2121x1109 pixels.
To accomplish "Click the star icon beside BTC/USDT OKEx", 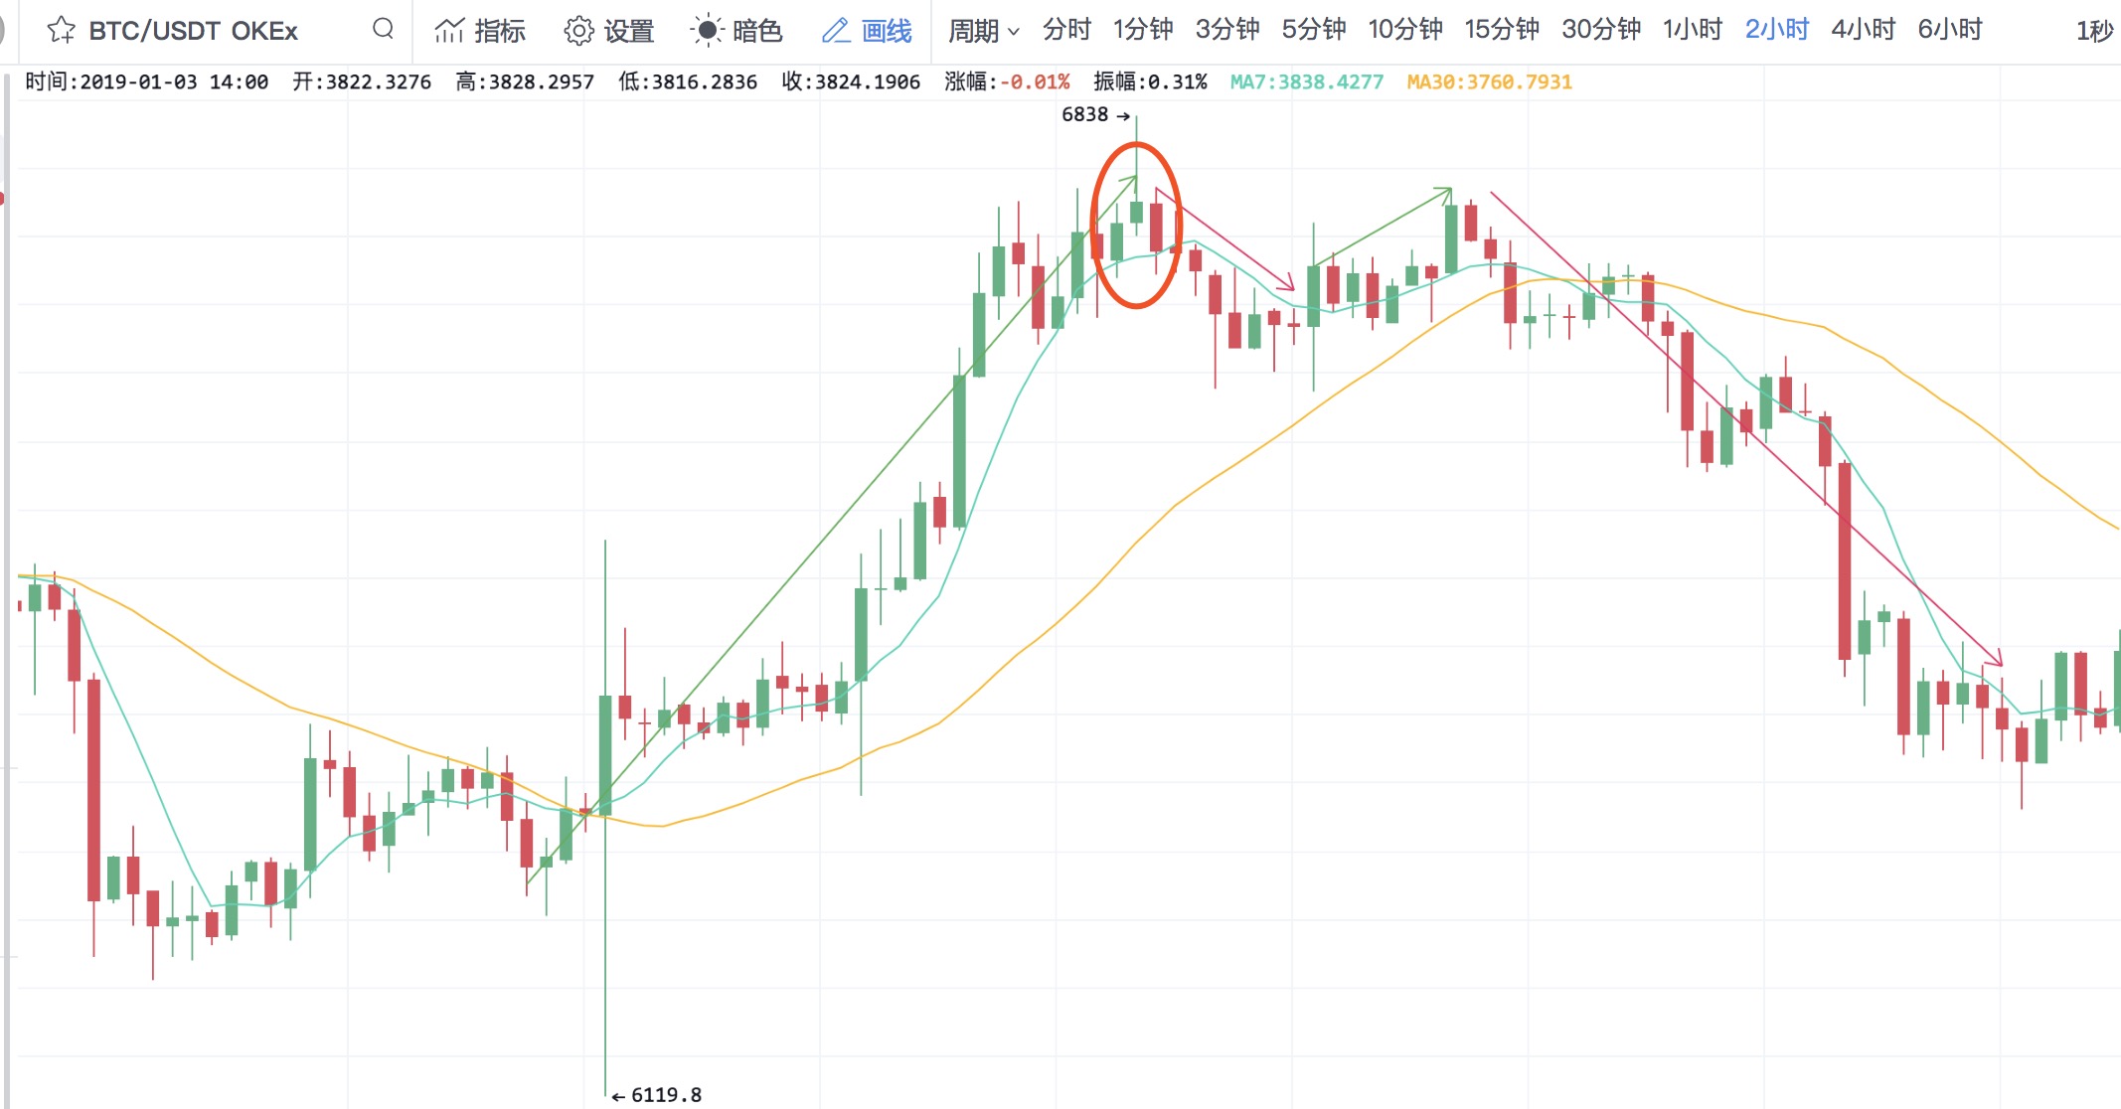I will [61, 31].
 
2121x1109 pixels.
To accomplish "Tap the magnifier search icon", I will [383, 29].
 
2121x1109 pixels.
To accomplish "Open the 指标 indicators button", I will [480, 31].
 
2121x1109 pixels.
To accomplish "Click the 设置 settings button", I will [608, 31].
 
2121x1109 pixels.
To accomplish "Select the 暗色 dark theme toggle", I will [736, 31].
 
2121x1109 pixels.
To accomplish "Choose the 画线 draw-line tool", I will [867, 31].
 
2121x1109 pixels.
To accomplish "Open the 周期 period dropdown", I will [983, 31].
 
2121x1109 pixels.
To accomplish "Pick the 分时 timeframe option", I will [1066, 31].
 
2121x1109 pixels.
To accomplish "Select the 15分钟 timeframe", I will [1501, 31].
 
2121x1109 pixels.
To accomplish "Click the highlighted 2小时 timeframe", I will [1776, 31].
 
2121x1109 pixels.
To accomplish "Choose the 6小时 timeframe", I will [1949, 31].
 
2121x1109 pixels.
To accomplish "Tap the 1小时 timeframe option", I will [1692, 31].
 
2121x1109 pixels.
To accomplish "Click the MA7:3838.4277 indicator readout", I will [1306, 82].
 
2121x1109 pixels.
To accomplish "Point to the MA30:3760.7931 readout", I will [1489, 82].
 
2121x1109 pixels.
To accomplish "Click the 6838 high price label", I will [1084, 115].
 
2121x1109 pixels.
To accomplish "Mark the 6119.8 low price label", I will [666, 1095].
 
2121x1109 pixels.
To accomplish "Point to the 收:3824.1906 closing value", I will [851, 82].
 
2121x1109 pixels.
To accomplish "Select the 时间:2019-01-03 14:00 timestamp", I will [147, 82].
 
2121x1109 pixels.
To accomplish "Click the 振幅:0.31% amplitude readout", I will [1150, 82].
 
